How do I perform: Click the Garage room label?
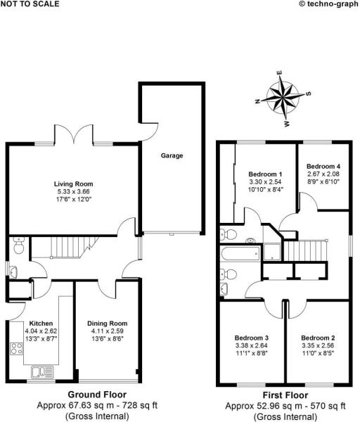click(172, 155)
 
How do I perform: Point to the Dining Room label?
click(108, 324)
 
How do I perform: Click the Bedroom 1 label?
click(265, 174)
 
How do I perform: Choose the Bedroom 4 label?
click(323, 167)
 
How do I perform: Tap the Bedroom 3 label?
click(252, 338)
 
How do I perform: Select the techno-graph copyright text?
click(328, 4)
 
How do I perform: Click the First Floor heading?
click(286, 395)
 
